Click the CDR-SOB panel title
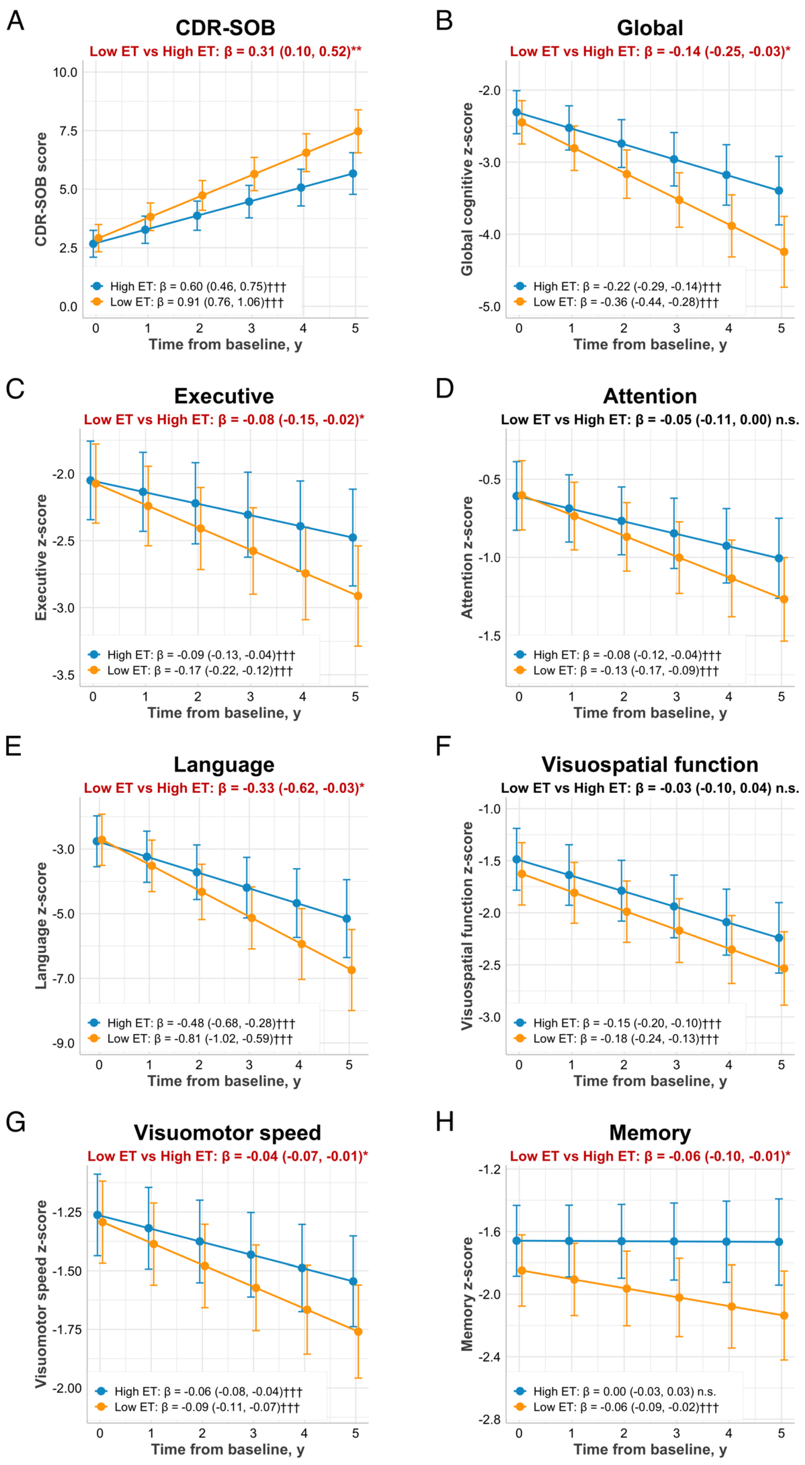click(225, 27)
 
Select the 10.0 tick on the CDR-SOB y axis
click(65, 72)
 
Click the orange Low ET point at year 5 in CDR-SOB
click(358, 131)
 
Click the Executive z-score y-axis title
click(41, 557)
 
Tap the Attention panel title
click(650, 396)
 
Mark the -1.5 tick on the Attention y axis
click(489, 636)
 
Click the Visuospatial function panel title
click(650, 764)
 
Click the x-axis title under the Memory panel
click(650, 1449)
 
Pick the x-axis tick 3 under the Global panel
click(676, 328)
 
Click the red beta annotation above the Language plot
click(224, 788)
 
